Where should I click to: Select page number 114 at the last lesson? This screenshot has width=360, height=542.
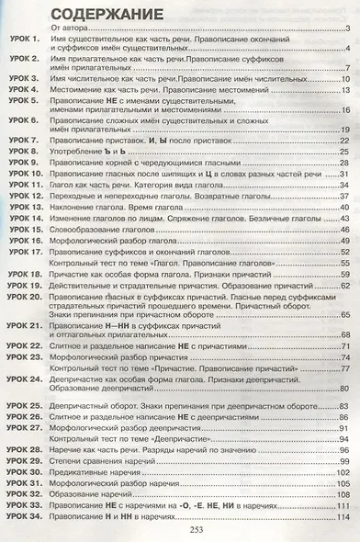click(344, 514)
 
